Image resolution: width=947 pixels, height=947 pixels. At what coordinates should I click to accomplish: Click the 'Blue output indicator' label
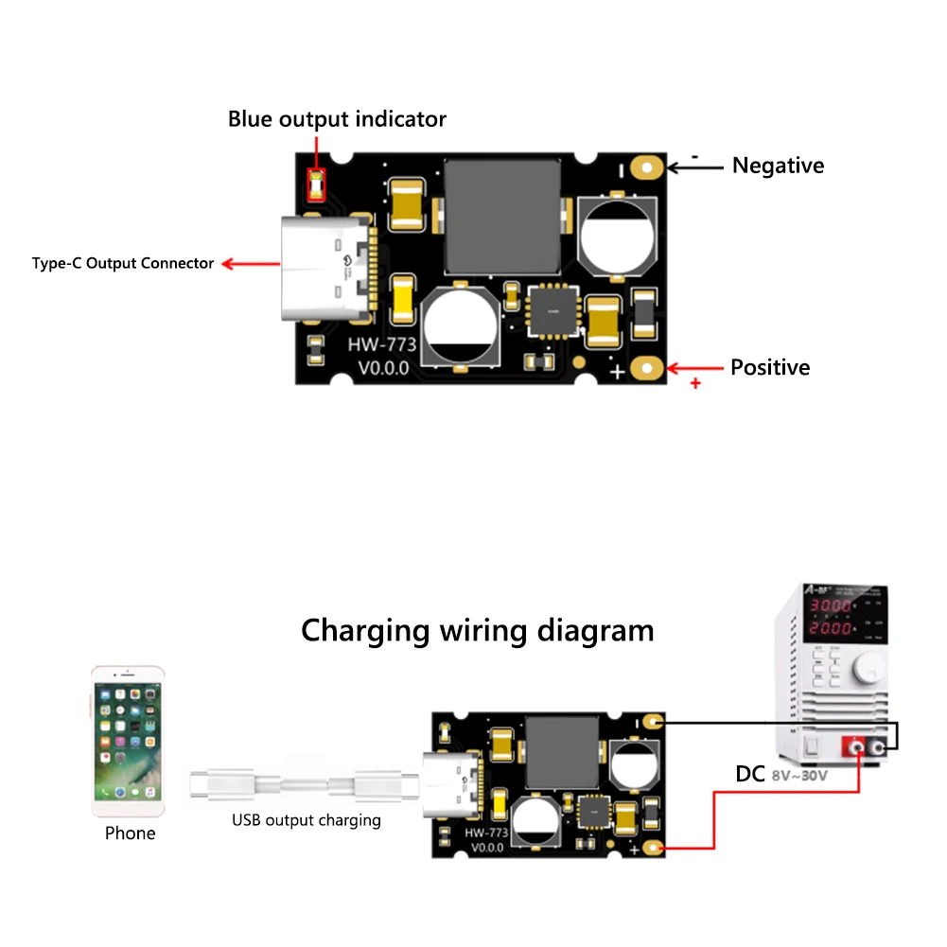pos(337,120)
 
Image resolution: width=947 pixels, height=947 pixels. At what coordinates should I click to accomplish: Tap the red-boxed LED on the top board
pos(317,184)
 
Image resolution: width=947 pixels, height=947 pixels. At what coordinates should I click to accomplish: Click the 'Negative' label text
pos(778,166)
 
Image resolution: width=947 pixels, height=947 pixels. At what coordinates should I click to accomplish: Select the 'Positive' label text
pos(770,367)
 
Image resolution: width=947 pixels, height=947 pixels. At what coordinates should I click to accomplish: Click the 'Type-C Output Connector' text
pos(123,263)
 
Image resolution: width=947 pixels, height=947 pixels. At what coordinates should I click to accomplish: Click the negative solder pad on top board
pos(648,167)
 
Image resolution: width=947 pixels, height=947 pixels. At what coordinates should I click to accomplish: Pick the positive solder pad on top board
pos(648,368)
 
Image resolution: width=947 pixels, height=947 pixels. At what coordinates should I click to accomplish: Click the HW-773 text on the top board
pos(382,345)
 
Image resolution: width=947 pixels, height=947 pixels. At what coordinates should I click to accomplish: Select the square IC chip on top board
pos(553,310)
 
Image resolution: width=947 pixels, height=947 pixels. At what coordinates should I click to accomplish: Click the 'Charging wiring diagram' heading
pos(477,630)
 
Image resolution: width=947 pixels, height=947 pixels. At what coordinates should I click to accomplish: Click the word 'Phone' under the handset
pos(130,833)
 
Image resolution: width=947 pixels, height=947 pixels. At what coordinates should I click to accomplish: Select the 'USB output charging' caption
pos(307,820)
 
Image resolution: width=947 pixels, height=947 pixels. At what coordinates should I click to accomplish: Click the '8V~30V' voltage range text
pos(799,776)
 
